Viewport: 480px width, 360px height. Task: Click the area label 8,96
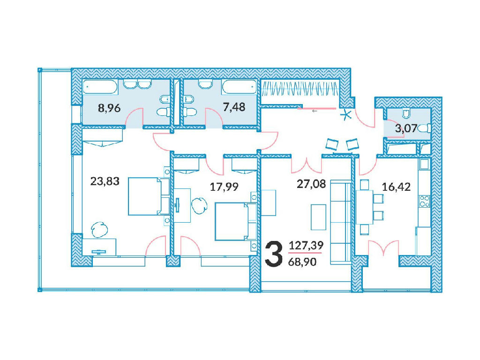109,108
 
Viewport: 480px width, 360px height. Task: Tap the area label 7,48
234,107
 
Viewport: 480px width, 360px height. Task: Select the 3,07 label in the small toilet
406,128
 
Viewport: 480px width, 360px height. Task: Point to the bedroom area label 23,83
105,181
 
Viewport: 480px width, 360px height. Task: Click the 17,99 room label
224,187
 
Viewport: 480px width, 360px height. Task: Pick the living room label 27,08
311,184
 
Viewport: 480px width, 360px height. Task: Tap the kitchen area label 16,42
396,187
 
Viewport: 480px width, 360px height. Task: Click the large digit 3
273,254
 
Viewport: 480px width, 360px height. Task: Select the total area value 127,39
306,246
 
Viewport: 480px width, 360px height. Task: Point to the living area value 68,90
302,262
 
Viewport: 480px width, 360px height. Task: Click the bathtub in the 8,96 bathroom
100,87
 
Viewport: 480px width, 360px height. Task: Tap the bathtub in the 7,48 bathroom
240,87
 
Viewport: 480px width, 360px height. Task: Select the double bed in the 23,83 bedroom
149,196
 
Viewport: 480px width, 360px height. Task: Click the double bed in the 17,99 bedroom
235,221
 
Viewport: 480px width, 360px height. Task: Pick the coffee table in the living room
318,217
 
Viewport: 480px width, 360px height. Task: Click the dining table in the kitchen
364,207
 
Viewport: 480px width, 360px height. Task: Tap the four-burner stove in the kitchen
425,201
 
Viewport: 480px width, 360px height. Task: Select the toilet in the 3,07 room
425,128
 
